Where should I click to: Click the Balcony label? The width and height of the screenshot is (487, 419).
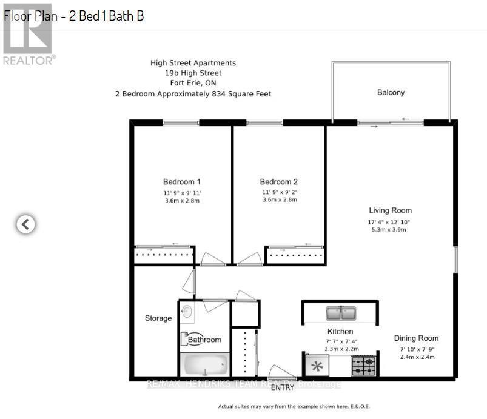[391, 93]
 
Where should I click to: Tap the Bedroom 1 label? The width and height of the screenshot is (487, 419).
[181, 182]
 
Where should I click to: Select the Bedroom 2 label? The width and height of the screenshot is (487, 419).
[279, 182]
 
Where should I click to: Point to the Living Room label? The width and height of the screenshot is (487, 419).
[390, 211]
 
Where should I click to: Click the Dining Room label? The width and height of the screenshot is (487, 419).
[416, 338]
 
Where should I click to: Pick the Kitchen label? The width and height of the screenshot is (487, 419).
[340, 332]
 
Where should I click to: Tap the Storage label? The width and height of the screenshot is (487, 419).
[158, 318]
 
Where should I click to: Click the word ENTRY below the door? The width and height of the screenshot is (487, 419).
[283, 387]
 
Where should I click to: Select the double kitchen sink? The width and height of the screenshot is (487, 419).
[341, 313]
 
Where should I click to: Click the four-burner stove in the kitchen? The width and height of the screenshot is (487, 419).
[364, 366]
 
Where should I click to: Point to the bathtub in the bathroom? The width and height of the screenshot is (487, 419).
[204, 365]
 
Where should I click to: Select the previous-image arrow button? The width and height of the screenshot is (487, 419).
[25, 224]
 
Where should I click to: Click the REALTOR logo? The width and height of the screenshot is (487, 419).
[29, 34]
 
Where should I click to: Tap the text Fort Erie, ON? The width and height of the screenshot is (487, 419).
[193, 83]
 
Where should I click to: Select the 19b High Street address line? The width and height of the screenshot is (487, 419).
[193, 73]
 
